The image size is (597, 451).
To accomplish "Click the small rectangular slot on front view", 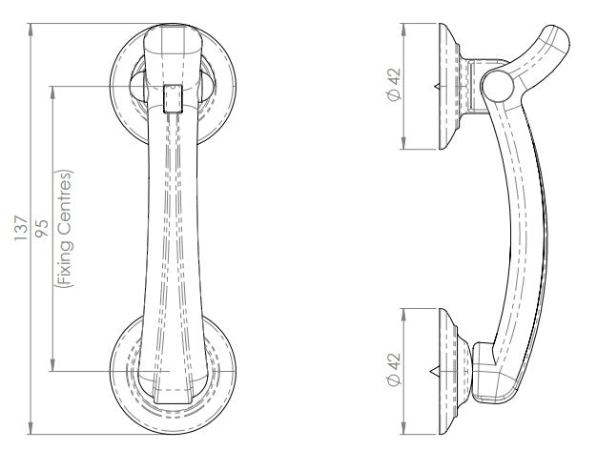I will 172,97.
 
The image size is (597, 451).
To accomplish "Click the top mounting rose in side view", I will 450,86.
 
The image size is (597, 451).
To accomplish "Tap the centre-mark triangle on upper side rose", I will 437,87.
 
